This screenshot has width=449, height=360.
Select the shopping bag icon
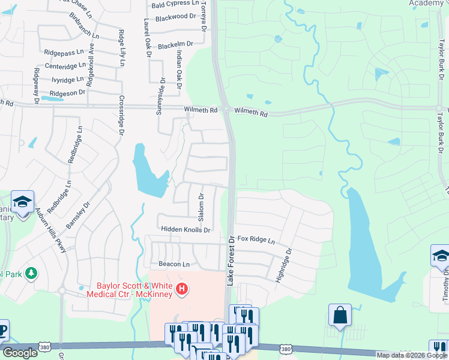[339, 314]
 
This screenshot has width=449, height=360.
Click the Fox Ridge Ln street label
[256, 240]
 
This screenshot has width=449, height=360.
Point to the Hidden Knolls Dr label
[185, 230]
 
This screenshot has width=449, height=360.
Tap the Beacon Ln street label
[174, 264]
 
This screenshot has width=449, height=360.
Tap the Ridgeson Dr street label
[67, 93]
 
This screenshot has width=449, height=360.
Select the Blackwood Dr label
[175, 18]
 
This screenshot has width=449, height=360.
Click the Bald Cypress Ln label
[175, 4]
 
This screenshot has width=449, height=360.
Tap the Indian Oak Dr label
[178, 69]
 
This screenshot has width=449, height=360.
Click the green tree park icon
[31, 274]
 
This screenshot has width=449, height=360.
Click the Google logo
[20, 353]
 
